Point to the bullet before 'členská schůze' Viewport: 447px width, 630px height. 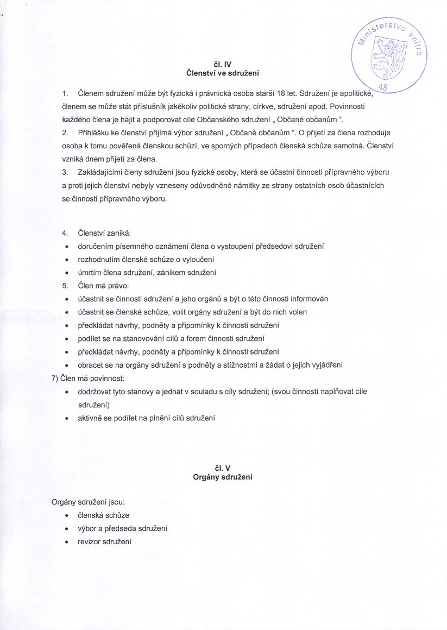[66, 515]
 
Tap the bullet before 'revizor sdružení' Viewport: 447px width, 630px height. [66, 542]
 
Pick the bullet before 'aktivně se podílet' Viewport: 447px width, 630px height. [66, 418]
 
